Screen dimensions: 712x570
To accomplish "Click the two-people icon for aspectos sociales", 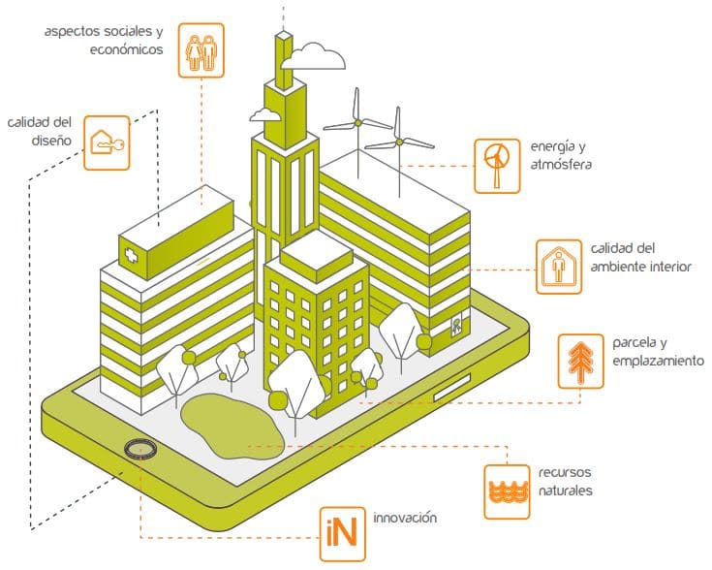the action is (x=201, y=51).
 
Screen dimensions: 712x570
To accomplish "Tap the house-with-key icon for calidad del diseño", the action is (x=106, y=143).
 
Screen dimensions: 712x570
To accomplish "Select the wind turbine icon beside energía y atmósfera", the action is (x=497, y=162).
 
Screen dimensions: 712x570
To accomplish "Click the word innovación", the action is (x=398, y=518).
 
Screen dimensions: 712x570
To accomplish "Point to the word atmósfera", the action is (x=560, y=164).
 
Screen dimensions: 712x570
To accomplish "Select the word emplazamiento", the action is (x=658, y=362).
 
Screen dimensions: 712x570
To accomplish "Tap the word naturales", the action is (x=567, y=491).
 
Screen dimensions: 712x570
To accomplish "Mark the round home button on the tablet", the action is (x=141, y=448).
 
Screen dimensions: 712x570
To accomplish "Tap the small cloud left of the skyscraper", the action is (x=264, y=115).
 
